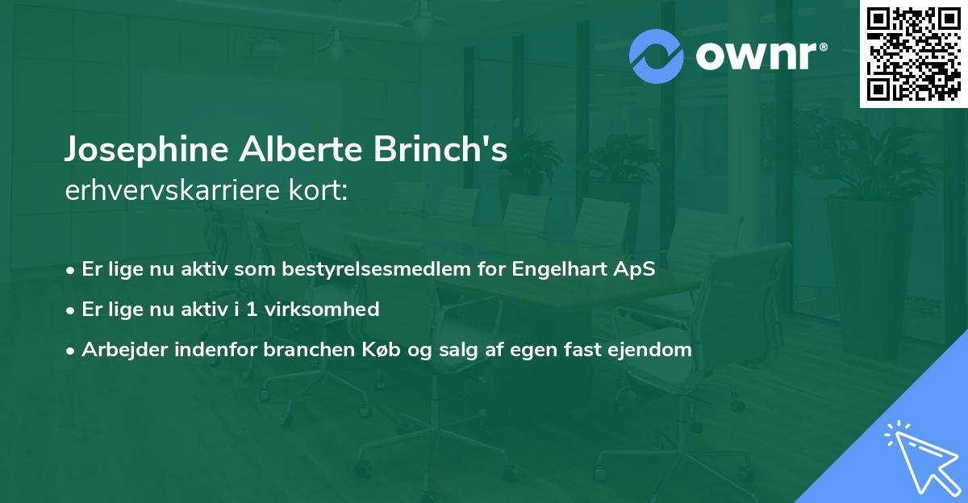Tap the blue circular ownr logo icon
[657, 56]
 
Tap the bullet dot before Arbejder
[71, 351]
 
